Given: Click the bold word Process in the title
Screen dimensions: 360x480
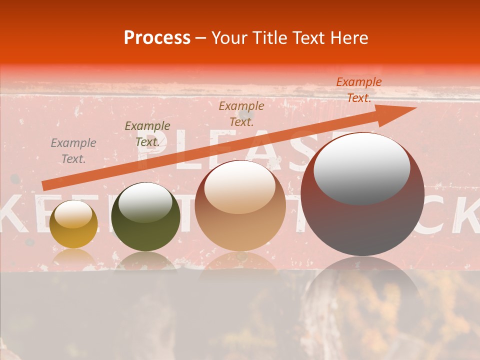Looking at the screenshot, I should pyautogui.click(x=157, y=38).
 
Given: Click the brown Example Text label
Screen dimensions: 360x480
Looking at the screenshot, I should pyautogui.click(x=241, y=113).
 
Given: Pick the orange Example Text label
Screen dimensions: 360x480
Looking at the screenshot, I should pyautogui.click(x=358, y=90).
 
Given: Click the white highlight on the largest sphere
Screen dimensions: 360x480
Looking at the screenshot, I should pyautogui.click(x=361, y=169).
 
